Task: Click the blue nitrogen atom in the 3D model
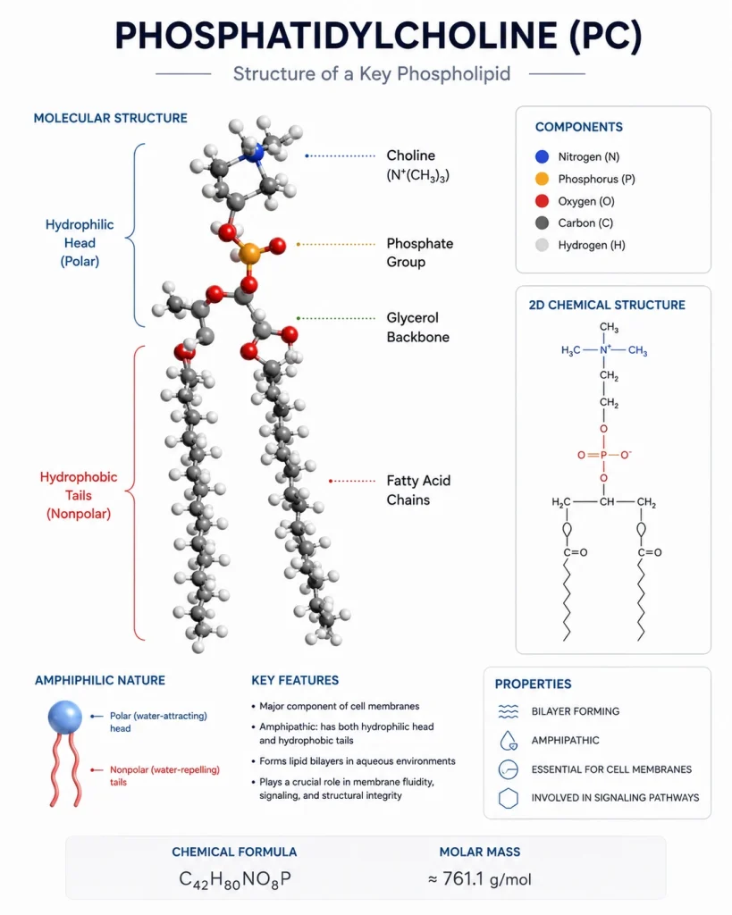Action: [253, 153]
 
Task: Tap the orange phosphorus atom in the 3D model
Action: [249, 254]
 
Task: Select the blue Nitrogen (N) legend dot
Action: [542, 156]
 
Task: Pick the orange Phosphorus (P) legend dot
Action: [542, 179]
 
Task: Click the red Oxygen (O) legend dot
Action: [542, 201]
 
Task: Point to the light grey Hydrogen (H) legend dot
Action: [542, 245]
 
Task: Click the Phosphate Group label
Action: [420, 252]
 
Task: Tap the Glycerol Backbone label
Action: [418, 327]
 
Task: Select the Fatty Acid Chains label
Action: [418, 491]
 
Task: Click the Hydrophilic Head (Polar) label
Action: [80, 243]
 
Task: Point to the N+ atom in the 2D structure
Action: [605, 349]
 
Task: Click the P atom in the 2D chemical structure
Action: [603, 455]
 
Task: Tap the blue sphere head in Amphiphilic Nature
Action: [64, 717]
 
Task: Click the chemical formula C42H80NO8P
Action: [235, 879]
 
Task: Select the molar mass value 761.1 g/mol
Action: [480, 879]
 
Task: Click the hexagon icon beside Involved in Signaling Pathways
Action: [509, 798]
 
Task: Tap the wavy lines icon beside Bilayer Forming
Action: [509, 711]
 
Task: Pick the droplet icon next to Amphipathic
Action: [509, 740]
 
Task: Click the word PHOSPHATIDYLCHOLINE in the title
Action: [336, 35]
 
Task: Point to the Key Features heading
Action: [295, 680]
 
